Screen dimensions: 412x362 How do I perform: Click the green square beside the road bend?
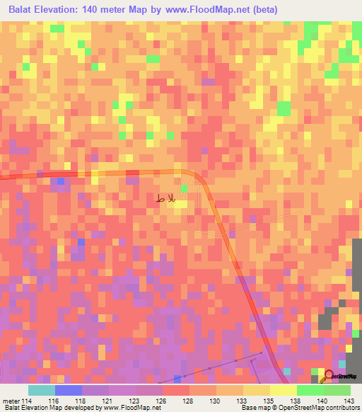tap(184, 188)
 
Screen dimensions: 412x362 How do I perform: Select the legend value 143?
tap(347, 400)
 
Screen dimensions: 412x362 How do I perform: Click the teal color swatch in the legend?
tap(42, 390)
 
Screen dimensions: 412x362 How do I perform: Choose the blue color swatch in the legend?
tap(69, 390)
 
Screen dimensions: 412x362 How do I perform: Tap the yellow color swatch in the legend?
tap(283, 390)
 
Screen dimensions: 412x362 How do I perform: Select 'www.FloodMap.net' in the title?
tap(206, 10)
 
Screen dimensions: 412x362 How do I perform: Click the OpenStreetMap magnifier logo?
tap(330, 377)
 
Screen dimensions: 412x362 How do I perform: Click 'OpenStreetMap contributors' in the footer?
tap(328, 408)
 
